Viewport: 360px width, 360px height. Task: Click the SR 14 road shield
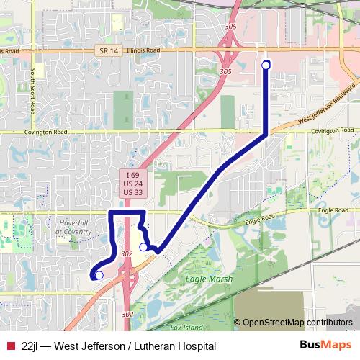pos(104,50)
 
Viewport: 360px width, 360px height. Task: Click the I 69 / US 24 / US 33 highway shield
pos(130,184)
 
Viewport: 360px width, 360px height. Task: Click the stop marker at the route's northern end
pos(266,65)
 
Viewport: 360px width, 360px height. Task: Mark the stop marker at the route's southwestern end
pos(99,274)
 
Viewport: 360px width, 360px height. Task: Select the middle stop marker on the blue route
pos(143,247)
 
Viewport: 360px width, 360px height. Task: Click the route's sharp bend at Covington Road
pos(267,133)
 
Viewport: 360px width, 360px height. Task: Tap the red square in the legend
pos(10,346)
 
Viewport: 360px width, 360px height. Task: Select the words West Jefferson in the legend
pos(92,346)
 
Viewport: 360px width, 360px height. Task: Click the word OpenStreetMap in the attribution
pos(272,322)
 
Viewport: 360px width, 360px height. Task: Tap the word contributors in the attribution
pos(328,322)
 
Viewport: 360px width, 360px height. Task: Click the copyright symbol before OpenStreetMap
pos(238,322)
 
